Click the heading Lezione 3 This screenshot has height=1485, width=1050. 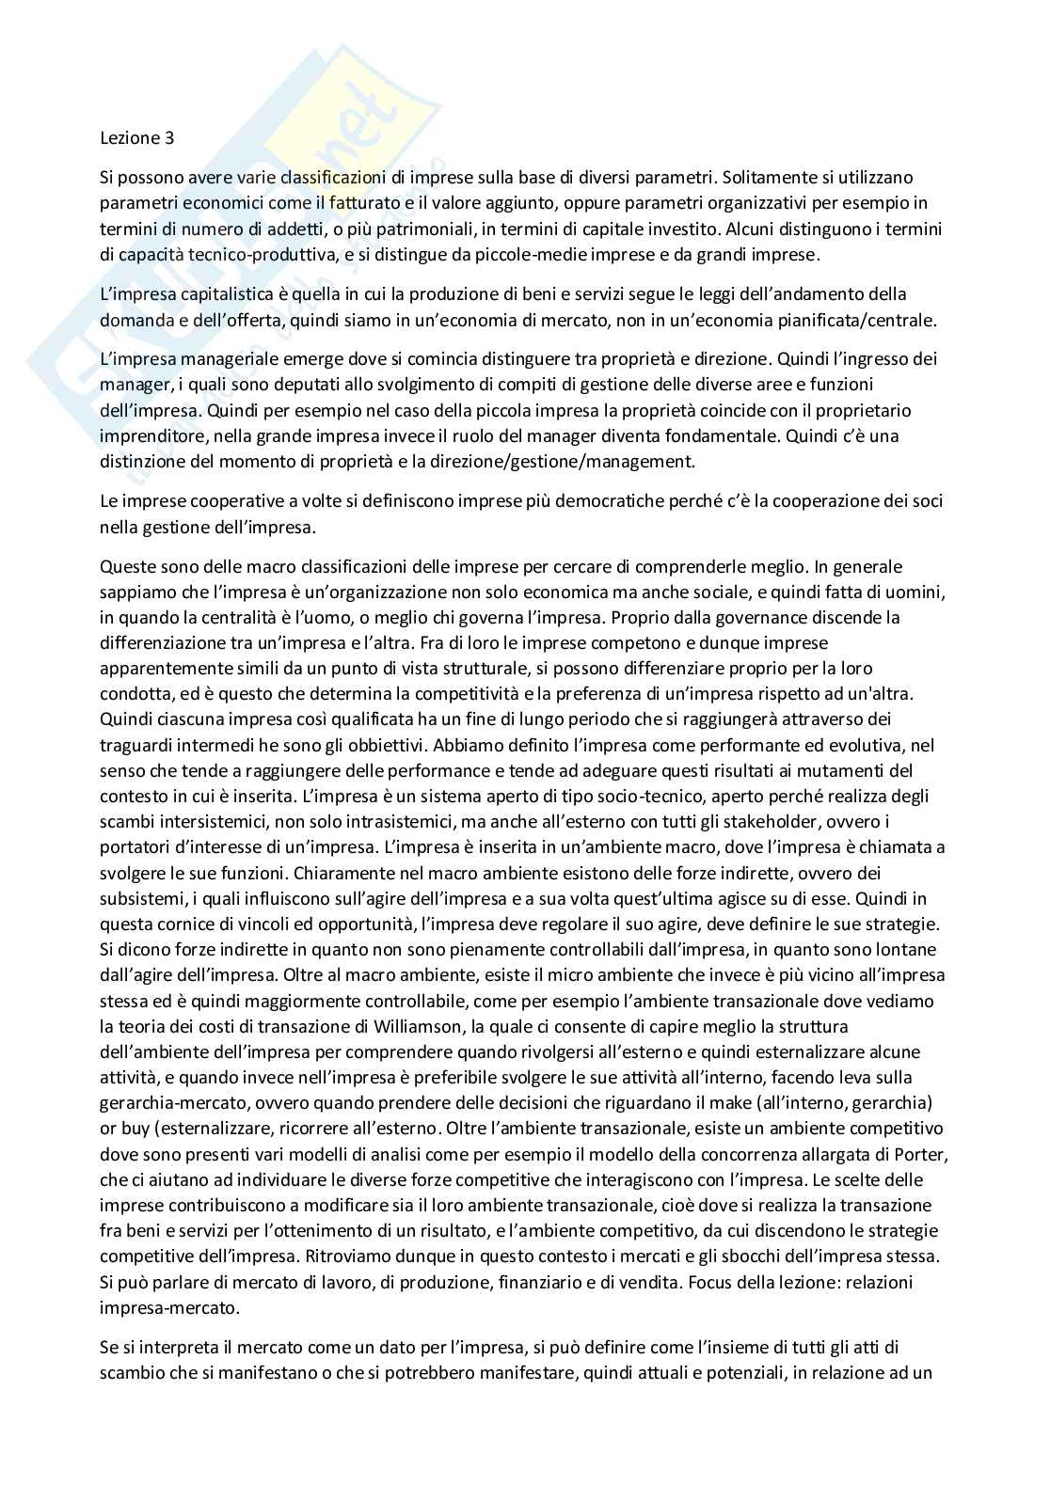137,137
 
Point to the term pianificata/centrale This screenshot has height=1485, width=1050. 854,320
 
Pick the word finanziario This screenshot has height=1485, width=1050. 517,1281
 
